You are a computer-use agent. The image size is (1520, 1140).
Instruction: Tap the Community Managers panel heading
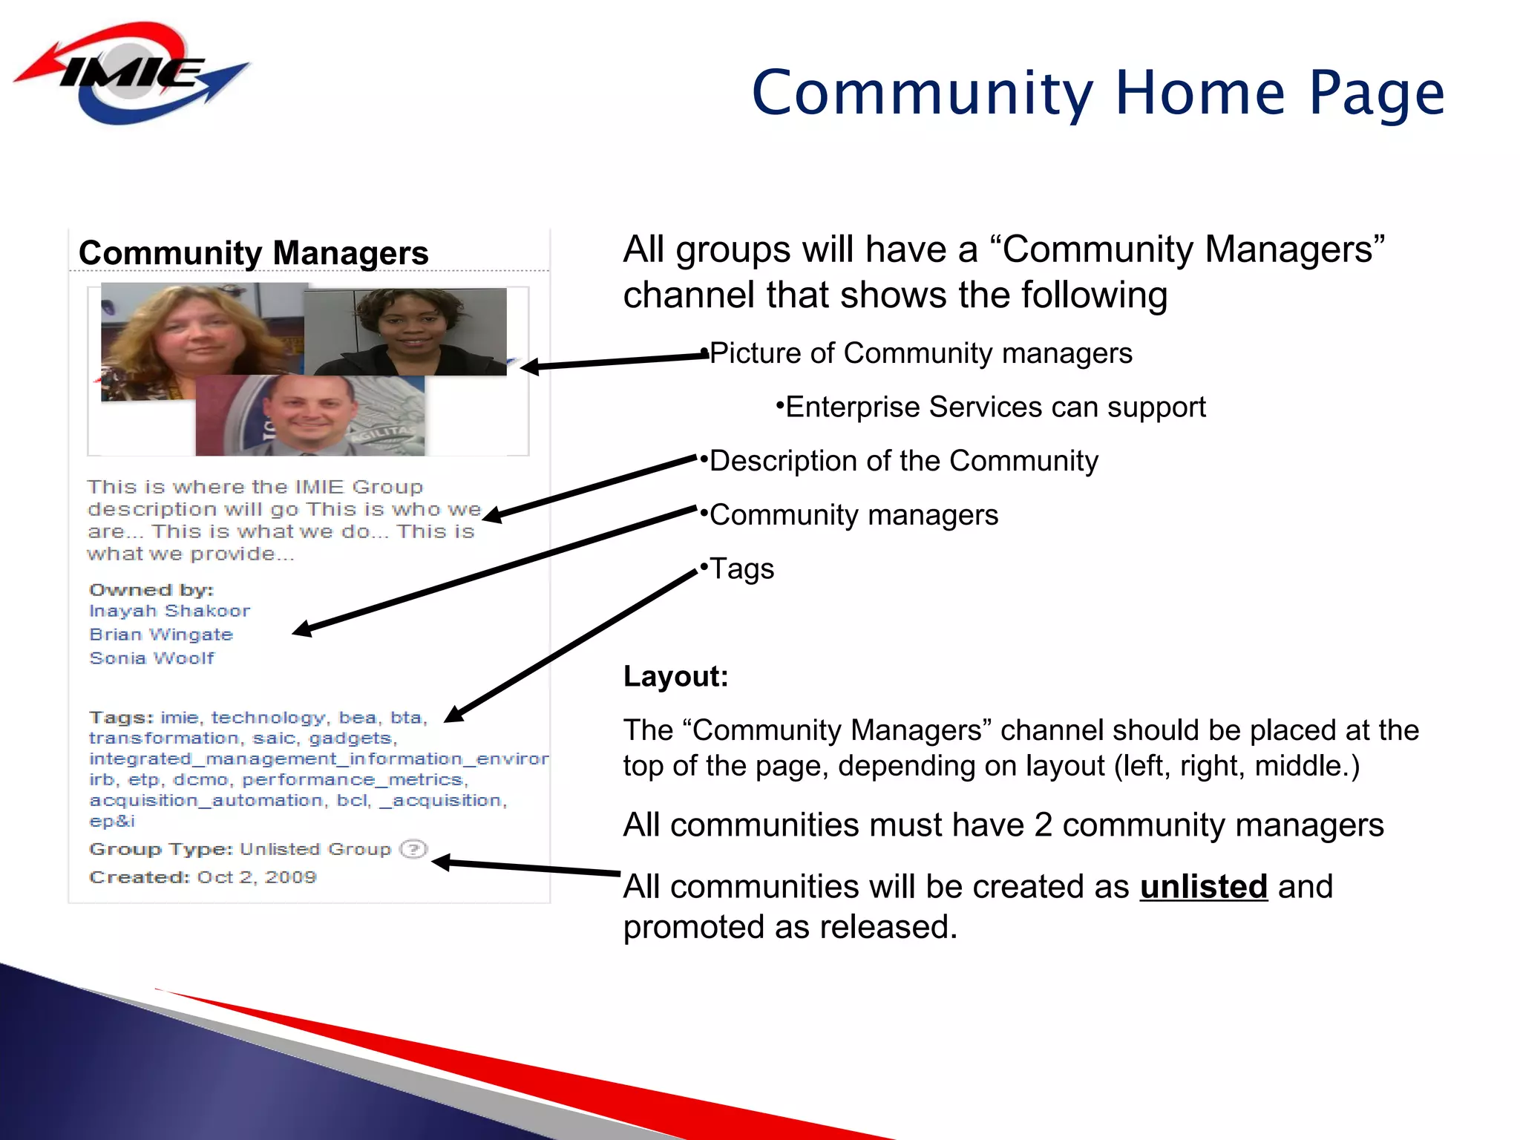coord(254,253)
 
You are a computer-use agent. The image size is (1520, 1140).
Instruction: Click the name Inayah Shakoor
coord(169,611)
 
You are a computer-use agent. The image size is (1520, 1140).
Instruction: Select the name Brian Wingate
coord(161,635)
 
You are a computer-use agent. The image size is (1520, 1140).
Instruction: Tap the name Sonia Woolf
coord(151,658)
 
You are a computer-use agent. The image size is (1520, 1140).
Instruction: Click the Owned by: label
coord(151,590)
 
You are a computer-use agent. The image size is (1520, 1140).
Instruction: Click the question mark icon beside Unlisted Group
coord(413,849)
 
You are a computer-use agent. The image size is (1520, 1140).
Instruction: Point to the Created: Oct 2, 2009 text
coord(203,877)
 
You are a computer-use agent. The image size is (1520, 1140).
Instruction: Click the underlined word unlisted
coord(1203,887)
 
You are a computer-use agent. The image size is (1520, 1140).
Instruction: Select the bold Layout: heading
coord(675,676)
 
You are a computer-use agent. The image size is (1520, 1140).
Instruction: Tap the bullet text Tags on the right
coord(741,569)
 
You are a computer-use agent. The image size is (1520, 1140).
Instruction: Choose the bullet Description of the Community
coord(903,461)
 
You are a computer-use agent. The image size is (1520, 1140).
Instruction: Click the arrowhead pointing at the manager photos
coord(528,366)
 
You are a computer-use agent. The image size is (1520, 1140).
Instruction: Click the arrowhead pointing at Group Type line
coord(440,862)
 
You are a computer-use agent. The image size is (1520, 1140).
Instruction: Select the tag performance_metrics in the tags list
coord(354,780)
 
